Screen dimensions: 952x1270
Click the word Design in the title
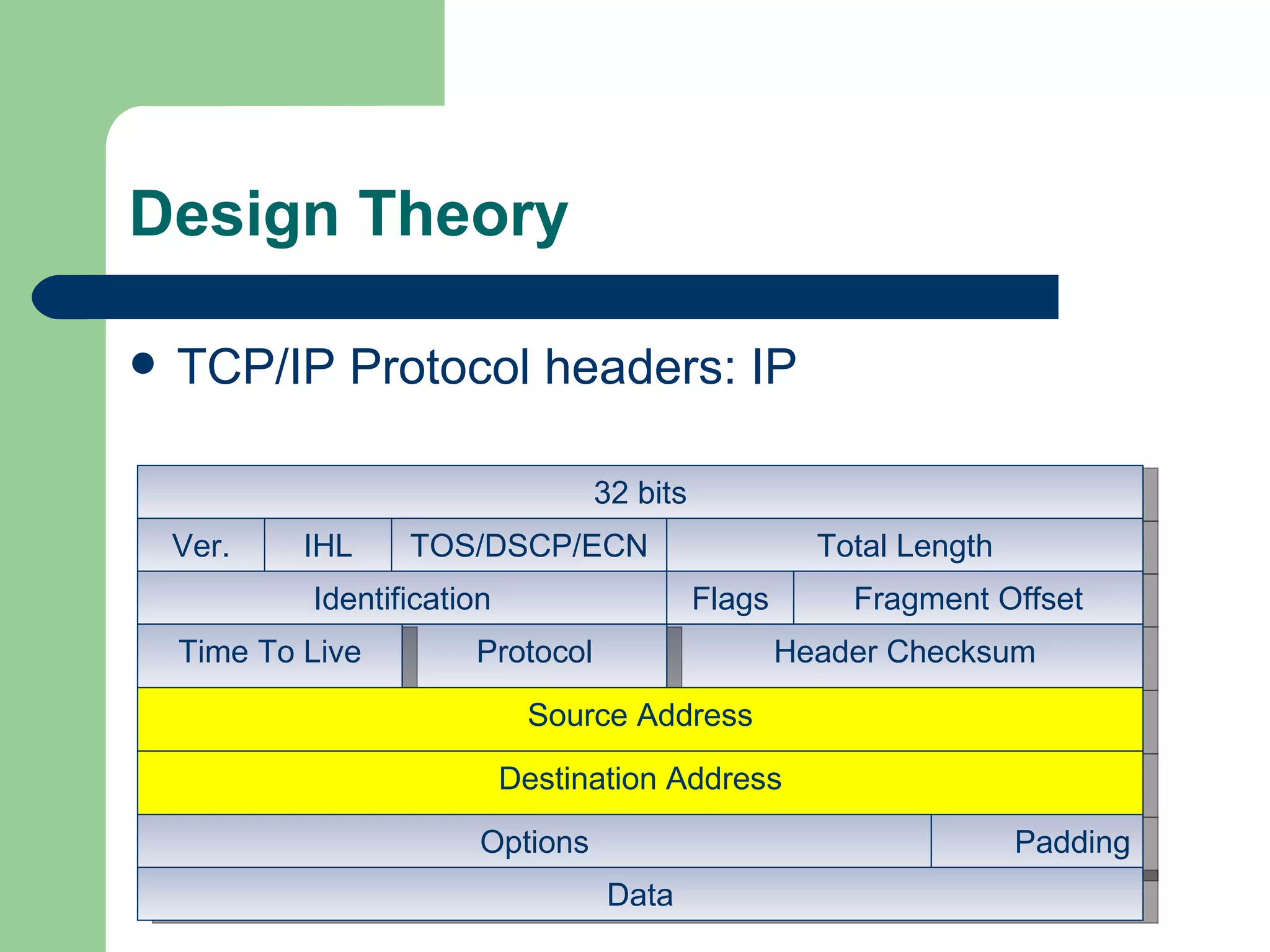[234, 214]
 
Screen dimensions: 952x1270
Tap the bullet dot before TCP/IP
[143, 364]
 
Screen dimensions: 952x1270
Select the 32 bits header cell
[639, 493]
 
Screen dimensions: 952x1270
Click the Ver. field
[200, 546]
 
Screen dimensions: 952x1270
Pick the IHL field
[327, 546]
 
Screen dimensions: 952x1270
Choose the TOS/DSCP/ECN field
[528, 546]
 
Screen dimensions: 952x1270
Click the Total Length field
[904, 546]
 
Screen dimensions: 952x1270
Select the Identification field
[402, 599]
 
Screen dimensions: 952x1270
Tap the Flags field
[729, 599]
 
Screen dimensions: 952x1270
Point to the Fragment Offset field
[967, 599]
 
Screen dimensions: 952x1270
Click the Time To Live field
[269, 652]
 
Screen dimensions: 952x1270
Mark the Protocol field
[535, 652]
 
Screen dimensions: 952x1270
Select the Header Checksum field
[904, 652]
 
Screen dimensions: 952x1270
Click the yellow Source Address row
[639, 716]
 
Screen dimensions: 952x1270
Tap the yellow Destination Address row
[639, 779]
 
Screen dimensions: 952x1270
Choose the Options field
[534, 842]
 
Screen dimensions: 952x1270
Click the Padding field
[1071, 842]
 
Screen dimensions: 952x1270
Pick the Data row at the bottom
[639, 895]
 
